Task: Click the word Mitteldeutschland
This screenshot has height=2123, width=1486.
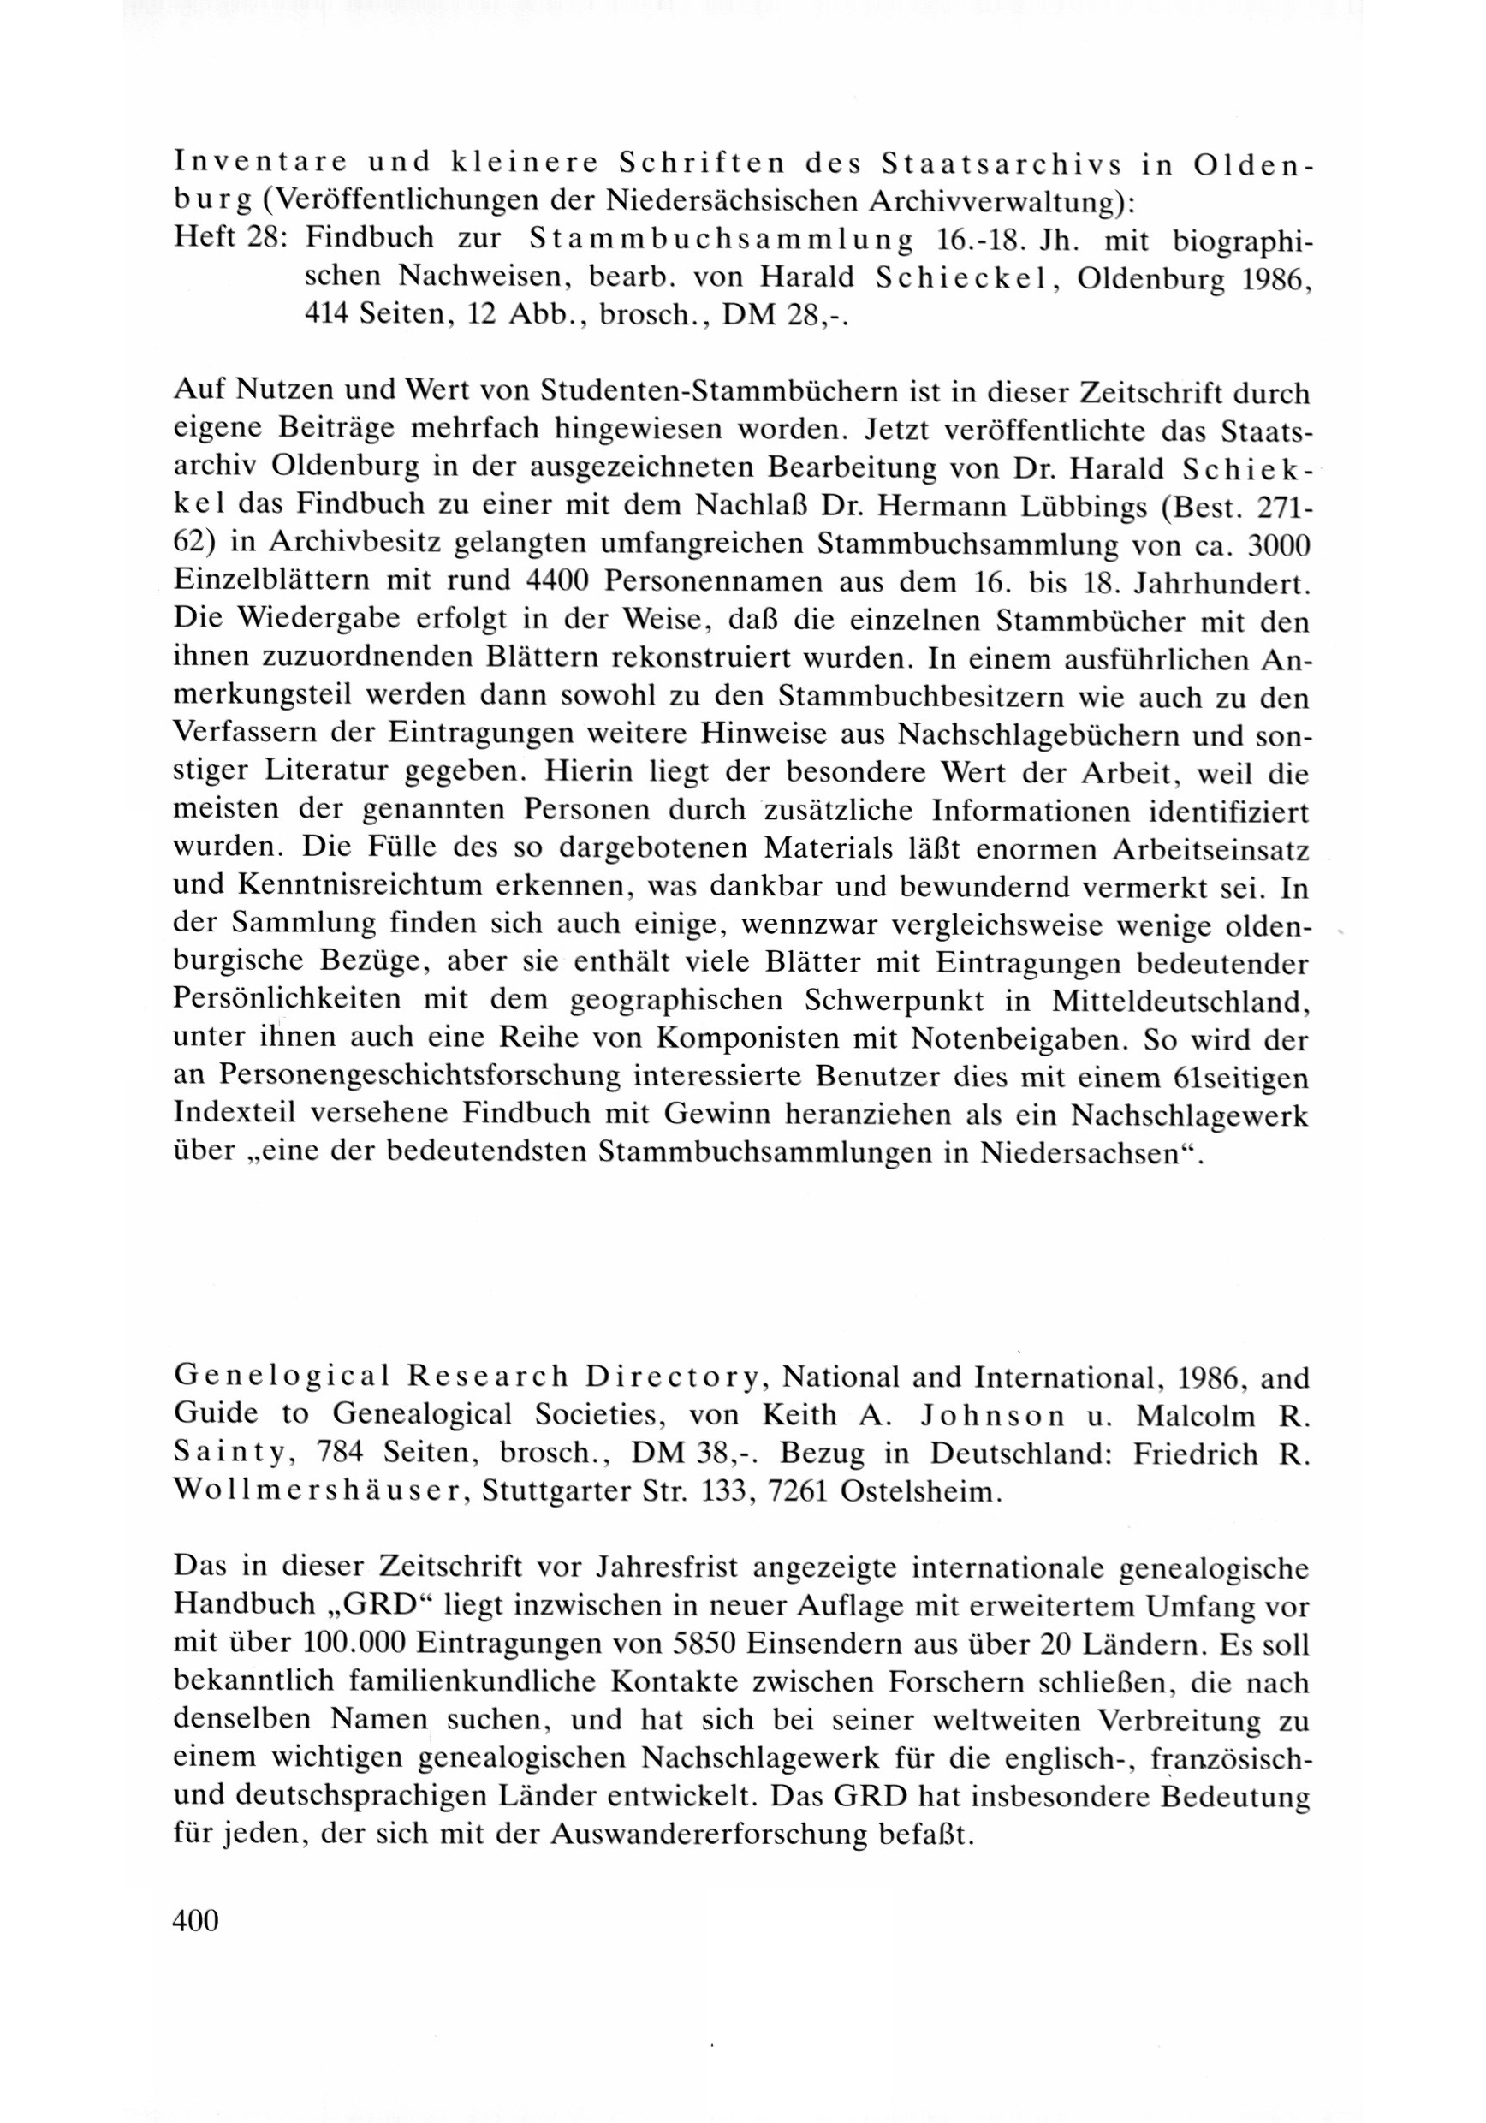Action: (1179, 1001)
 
